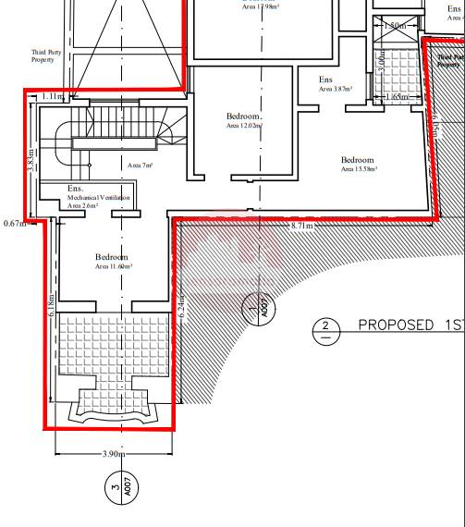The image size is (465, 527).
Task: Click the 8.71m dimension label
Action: pyautogui.click(x=302, y=226)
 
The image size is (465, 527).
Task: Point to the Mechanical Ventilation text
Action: pyautogui.click(x=98, y=198)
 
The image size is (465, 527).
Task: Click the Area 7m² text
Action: pyautogui.click(x=140, y=165)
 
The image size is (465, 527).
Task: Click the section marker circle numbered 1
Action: pyautogui.click(x=253, y=307)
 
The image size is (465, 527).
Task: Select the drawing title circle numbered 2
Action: pyautogui.click(x=325, y=330)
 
